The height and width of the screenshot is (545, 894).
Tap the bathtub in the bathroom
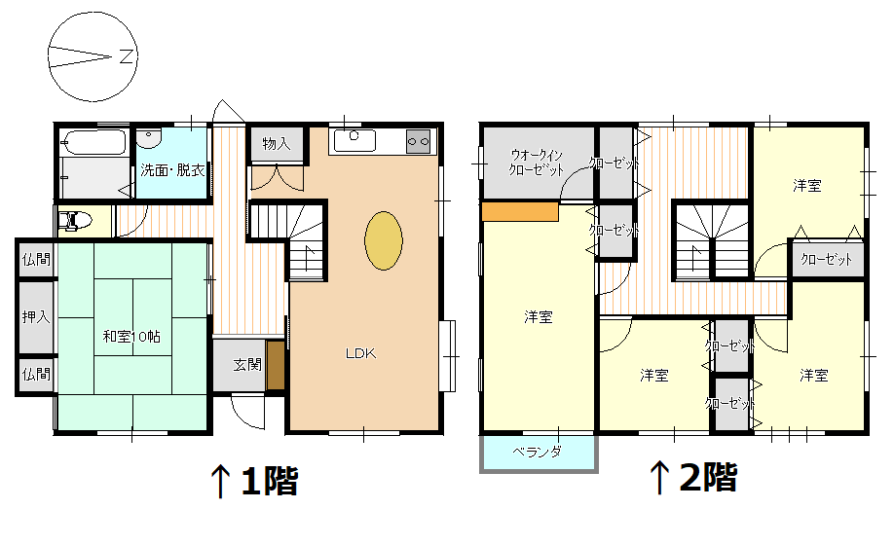pos(93,146)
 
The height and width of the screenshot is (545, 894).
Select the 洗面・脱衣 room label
pos(172,170)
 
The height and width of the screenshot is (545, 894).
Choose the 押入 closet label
pos(36,317)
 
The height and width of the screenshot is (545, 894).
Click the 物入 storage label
pos(277,144)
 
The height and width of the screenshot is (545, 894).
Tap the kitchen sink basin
pos(354,140)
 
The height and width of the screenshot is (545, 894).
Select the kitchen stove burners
pos(418,141)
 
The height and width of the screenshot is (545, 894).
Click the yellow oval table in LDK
pos(384,239)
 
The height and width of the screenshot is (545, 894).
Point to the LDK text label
pos(360,353)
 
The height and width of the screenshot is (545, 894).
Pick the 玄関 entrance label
pos(246,365)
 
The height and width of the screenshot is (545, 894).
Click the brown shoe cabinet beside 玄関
pos(276,365)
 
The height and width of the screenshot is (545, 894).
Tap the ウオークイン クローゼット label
pos(537,162)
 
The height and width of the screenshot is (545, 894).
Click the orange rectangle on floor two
pos(519,211)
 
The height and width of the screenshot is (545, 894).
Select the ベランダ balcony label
pos(537,452)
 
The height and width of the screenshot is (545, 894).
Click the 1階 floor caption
pos(268,480)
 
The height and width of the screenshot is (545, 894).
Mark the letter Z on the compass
pos(126,56)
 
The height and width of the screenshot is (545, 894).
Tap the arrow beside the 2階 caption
pos(659,477)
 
